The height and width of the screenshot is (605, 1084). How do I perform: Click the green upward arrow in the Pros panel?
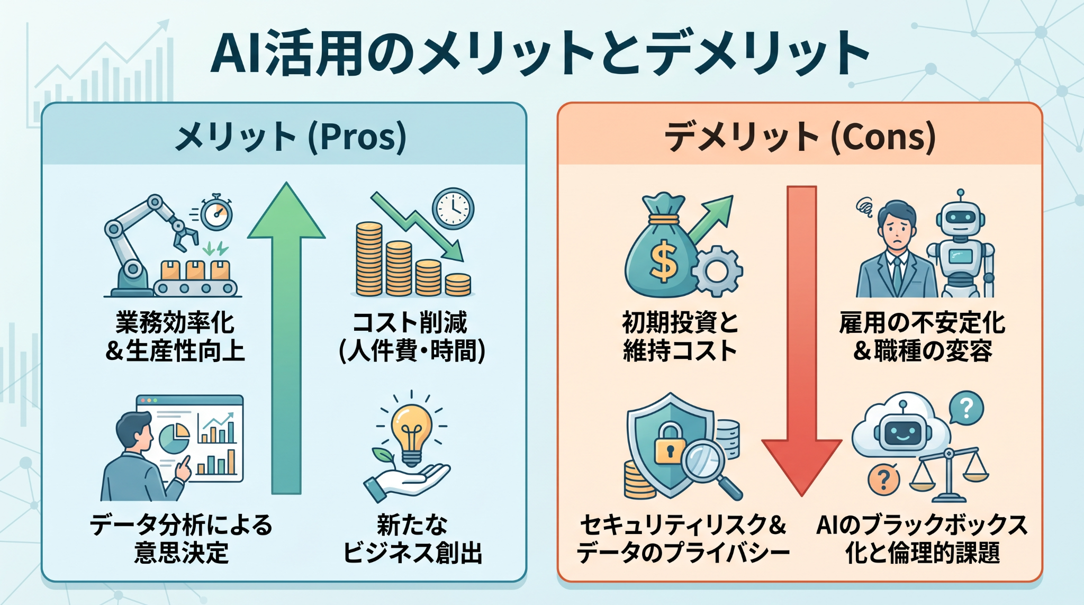pos(286,339)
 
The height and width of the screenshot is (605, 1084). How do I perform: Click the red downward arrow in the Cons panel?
pos(801,339)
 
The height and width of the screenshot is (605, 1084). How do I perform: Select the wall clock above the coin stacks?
pos(453,209)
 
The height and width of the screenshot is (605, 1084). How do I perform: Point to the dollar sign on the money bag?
pos(664,260)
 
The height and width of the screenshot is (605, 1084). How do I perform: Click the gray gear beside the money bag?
pos(717,271)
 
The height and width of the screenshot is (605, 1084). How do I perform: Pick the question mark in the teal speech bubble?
pos(966,408)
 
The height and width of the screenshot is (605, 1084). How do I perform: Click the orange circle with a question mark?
pos(883,480)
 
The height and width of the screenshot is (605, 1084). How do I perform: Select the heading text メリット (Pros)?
pos(291,137)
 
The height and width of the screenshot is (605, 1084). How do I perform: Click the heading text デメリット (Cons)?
pos(800,137)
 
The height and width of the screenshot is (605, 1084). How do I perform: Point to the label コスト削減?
pos(410,322)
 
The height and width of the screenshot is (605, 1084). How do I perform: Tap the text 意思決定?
pos(182,553)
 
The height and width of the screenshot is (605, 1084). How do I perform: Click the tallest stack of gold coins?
pos(369,259)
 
